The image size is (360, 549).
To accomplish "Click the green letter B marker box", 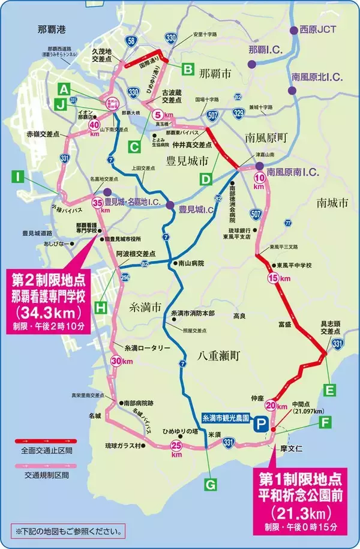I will point(188,69).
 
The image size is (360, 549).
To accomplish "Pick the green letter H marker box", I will point(102,308).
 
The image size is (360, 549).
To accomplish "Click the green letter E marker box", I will point(329,389).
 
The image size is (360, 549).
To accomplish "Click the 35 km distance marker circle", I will point(97,203).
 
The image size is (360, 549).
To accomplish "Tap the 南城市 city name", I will point(332,203).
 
